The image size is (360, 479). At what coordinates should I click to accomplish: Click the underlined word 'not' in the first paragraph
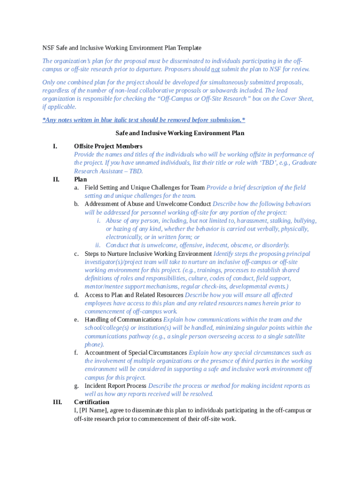coord(215,69)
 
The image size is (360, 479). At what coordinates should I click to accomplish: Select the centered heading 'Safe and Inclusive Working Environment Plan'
coord(180,133)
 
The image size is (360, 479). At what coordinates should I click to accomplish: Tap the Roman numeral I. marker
coord(55,146)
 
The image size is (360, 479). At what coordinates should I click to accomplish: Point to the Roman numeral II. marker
coord(56,179)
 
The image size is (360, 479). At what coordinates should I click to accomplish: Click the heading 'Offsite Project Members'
coord(108,146)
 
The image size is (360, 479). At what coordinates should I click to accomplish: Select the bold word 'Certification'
coord(92,402)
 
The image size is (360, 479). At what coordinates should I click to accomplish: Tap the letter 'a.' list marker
coord(76,188)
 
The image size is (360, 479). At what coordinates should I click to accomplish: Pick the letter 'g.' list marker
coord(76,386)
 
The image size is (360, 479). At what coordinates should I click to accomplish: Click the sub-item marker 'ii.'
coord(98,245)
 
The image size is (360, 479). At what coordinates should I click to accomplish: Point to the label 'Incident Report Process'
coord(115,386)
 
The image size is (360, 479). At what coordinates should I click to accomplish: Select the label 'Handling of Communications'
coord(123,319)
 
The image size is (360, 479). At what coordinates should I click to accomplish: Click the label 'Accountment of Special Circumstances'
coord(136,353)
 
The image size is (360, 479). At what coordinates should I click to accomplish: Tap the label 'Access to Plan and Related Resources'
coord(134,295)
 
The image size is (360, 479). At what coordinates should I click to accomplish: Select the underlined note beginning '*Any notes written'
coord(144,120)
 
